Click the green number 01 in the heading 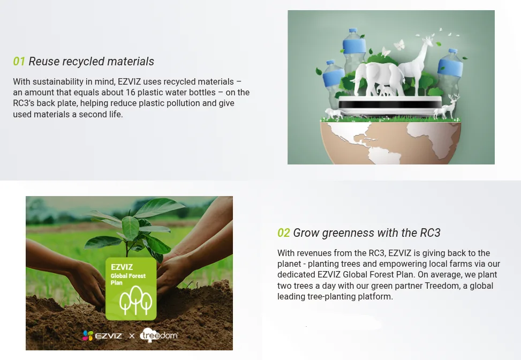(x=19, y=62)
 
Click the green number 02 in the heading (x=283, y=232)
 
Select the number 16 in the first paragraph (x=130, y=92)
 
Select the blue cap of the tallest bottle (x=353, y=31)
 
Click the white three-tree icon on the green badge (x=135, y=299)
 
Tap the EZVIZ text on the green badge (x=122, y=267)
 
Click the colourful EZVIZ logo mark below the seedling (x=88, y=336)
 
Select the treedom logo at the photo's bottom (x=159, y=335)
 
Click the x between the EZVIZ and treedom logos (x=132, y=336)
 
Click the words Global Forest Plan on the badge (x=128, y=279)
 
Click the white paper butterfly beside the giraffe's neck (x=399, y=44)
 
